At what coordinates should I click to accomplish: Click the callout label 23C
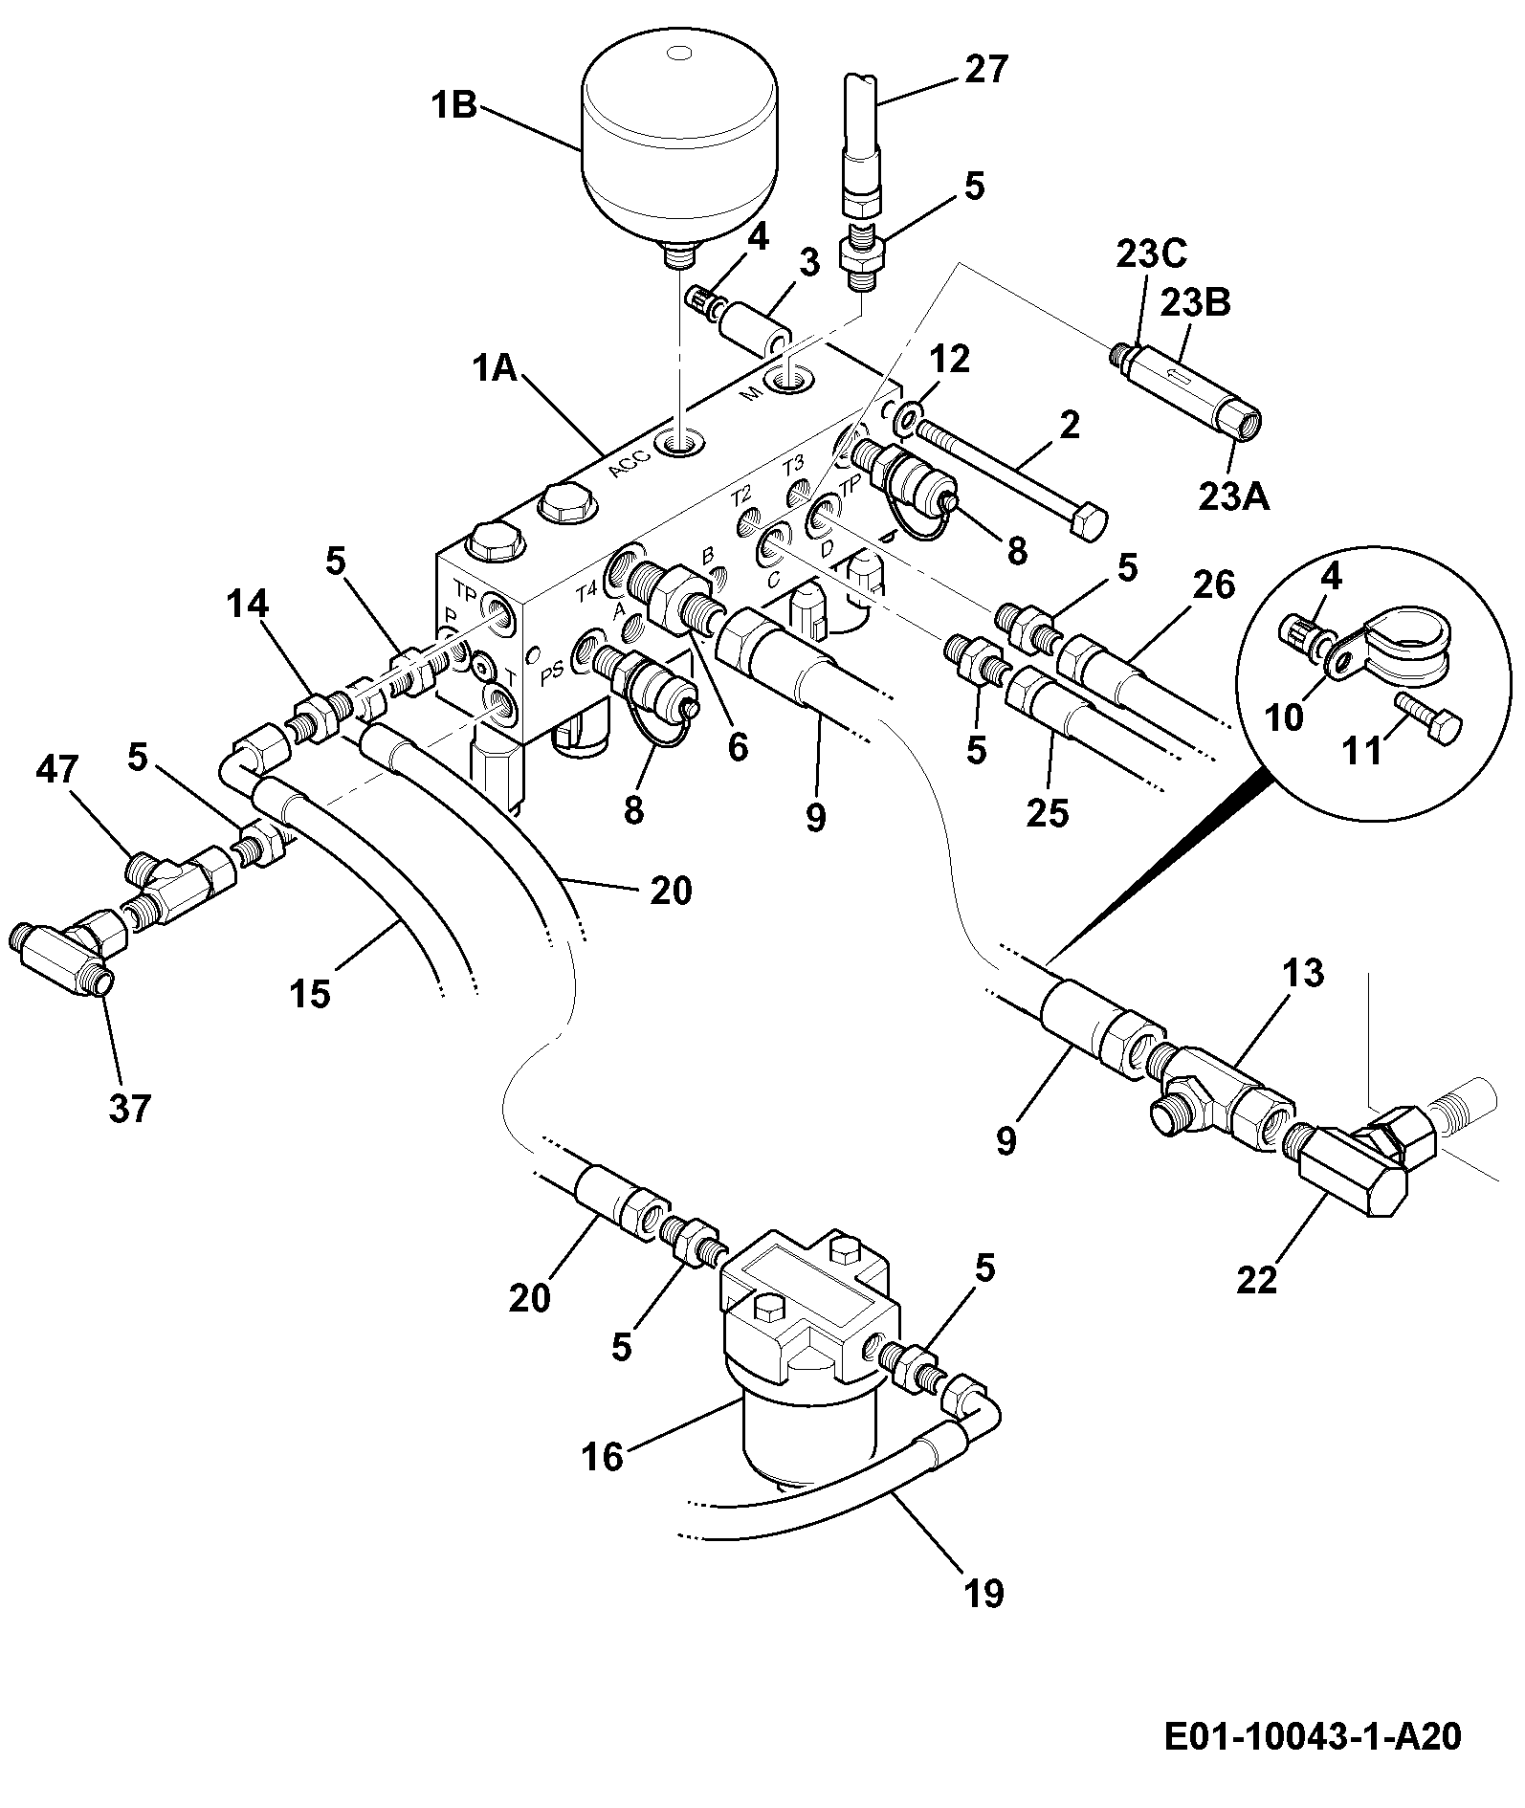[x=1149, y=255]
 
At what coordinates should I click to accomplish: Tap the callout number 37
[x=129, y=1109]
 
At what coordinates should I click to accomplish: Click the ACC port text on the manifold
[x=630, y=466]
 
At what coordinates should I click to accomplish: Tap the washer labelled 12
[x=904, y=415]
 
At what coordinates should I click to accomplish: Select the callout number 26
[x=1215, y=584]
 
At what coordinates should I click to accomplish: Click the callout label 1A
[x=495, y=369]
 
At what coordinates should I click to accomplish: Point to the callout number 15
[x=310, y=994]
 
